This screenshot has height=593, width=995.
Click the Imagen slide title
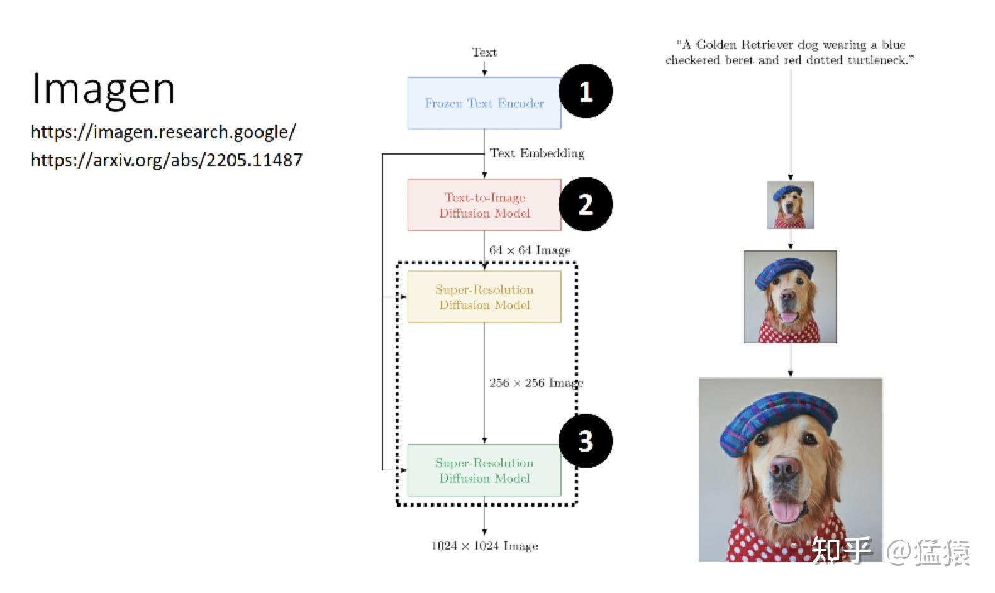click(x=103, y=90)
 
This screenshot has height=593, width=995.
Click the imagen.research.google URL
click(x=164, y=132)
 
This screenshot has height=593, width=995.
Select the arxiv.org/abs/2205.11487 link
click(x=167, y=160)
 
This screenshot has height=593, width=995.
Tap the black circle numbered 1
click(x=586, y=91)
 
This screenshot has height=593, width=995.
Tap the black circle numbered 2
click(x=586, y=204)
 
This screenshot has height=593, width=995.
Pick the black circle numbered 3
click(x=586, y=441)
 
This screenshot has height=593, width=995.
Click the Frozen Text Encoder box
click(x=484, y=103)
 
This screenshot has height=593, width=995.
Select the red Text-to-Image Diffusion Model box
click(x=484, y=205)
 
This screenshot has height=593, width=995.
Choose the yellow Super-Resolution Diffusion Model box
click(x=484, y=297)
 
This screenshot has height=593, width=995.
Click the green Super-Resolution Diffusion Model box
click(x=484, y=470)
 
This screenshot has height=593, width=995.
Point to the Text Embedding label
click(x=537, y=153)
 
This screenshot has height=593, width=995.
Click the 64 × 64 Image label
click(x=530, y=250)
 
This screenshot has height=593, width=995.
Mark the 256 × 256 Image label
click(x=536, y=383)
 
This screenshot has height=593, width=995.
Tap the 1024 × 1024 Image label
click(x=485, y=546)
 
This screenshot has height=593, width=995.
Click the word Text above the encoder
click(x=485, y=52)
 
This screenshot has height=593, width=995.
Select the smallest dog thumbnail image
click(x=790, y=205)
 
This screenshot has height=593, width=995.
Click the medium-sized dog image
click(x=790, y=297)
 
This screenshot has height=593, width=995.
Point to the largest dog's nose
click(x=784, y=468)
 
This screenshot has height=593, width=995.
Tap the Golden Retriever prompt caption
click(x=790, y=52)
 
